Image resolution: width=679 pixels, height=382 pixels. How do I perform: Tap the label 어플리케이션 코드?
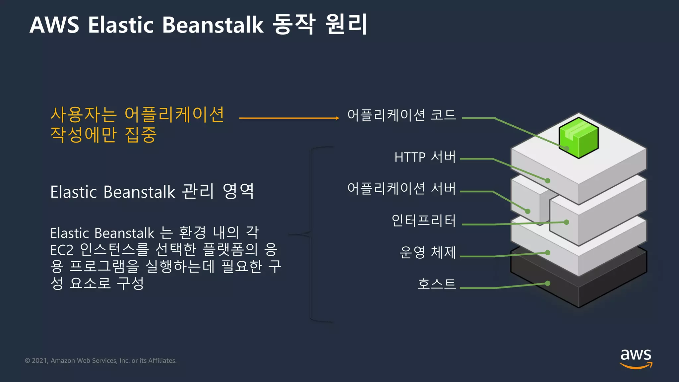tap(401, 115)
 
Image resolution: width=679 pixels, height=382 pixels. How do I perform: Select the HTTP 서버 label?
tap(425, 157)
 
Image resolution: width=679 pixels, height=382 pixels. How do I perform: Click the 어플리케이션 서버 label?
tap(401, 188)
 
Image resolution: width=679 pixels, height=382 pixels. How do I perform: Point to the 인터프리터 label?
tap(424, 221)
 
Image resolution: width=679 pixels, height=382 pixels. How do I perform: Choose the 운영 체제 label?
tap(428, 252)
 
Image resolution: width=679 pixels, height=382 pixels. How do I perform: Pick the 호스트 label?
tap(437, 284)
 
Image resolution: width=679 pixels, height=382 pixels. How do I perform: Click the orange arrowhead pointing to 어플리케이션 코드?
tap(337, 118)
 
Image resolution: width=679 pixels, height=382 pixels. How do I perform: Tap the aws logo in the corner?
tap(636, 358)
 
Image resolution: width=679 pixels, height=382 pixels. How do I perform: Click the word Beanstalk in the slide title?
tap(213, 25)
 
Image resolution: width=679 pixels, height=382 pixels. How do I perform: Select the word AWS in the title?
tap(54, 25)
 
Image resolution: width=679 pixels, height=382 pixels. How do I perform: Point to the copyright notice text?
tap(101, 360)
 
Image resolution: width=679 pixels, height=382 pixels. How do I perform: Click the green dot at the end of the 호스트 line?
tap(548, 283)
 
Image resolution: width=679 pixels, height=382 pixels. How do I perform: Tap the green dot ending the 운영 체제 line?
tap(548, 253)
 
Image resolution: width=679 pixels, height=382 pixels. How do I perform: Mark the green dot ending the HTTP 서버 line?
tap(548, 181)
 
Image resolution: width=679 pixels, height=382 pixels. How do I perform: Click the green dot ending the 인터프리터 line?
tap(567, 222)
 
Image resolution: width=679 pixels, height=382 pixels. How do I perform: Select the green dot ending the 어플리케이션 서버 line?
tap(528, 211)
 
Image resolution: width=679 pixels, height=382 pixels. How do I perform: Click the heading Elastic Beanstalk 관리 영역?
tap(152, 192)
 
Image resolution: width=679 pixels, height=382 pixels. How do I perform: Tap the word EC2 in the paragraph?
tap(62, 250)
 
